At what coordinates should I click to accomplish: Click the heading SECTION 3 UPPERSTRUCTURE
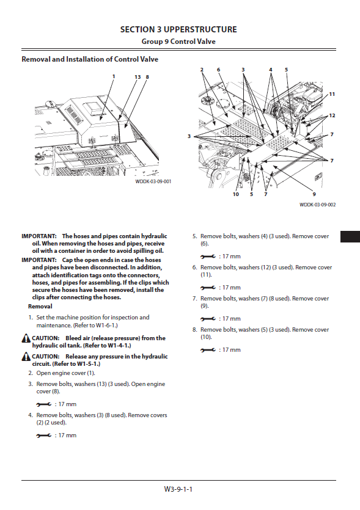[178, 29]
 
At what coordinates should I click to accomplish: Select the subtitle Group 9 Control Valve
[178, 42]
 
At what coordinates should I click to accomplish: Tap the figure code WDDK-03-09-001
[153, 181]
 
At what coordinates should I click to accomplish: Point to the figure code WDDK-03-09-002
[317, 205]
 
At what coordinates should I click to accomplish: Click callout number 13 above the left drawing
[138, 77]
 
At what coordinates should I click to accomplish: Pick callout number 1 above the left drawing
[114, 76]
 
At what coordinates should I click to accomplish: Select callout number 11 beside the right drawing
[332, 94]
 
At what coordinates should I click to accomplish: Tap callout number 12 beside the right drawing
[332, 115]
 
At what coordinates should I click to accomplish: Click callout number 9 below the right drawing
[314, 194]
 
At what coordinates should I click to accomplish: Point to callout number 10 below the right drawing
[236, 194]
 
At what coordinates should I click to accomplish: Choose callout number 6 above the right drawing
[218, 70]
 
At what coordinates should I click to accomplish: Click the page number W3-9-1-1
[178, 489]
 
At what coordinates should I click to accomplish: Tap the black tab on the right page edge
[350, 236]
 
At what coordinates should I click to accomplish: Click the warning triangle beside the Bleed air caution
[26, 338]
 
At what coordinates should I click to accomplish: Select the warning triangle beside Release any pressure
[26, 357]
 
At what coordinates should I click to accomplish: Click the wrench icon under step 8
[208, 350]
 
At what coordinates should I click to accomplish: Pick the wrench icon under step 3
[44, 404]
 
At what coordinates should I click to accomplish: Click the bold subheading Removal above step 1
[40, 307]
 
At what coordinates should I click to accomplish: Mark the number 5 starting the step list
[194, 236]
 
